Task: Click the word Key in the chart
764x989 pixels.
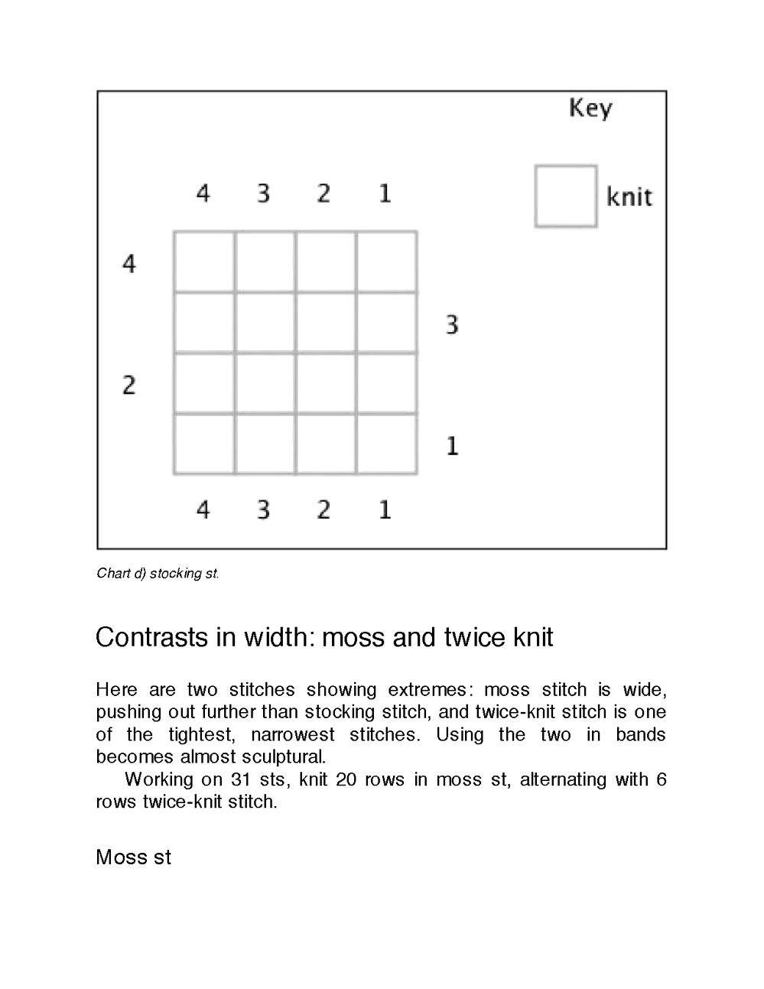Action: coord(590,109)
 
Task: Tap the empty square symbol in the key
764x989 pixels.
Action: coord(566,197)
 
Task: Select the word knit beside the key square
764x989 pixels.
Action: coord(629,197)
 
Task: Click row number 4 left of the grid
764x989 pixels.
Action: coord(129,264)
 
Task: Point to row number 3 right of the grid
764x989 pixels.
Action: coord(452,325)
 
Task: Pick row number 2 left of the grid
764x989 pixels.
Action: coord(129,385)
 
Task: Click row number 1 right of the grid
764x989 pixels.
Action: coord(452,446)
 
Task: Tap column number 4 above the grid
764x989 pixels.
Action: coord(203,194)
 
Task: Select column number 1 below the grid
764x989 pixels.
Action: coord(385,509)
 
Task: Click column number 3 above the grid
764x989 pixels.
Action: coord(263,194)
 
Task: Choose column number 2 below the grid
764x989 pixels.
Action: coord(323,509)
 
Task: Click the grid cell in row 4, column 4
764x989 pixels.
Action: coord(204,262)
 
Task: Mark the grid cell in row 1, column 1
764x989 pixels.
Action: coord(386,444)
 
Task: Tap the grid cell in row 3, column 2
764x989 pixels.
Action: coord(326,322)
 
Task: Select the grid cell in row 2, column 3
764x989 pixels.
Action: coord(265,383)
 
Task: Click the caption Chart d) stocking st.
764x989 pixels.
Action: coord(158,573)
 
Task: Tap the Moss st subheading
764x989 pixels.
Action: coord(134,857)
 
